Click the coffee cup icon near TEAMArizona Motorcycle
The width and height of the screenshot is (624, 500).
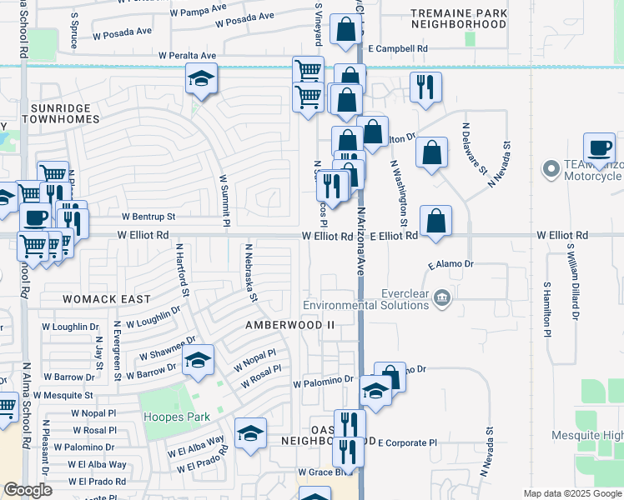pos(599,147)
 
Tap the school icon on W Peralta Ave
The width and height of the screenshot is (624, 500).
pos(200,79)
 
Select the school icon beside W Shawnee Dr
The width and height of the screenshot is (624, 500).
pos(198,360)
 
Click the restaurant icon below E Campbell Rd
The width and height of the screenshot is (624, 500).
pos(425,86)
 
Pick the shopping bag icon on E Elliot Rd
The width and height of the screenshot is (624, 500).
pos(435,221)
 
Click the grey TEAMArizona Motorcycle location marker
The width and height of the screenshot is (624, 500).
pos(550,169)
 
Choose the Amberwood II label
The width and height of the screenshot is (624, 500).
pos(289,324)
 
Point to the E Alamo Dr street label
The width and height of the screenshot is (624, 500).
pos(450,264)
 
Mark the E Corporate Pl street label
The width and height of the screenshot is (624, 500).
pos(407,443)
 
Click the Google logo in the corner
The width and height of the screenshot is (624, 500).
pos(28,491)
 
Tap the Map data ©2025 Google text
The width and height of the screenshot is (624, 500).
pos(571,493)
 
